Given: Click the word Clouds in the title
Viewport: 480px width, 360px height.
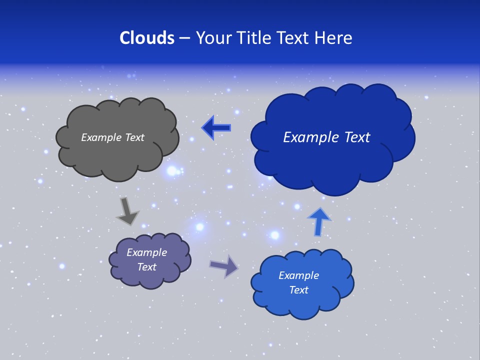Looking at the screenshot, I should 147,38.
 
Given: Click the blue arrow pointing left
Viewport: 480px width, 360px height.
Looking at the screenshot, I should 216,128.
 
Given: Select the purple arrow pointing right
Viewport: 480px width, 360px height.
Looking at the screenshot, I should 223,266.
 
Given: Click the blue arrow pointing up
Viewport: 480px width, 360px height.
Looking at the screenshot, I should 319,222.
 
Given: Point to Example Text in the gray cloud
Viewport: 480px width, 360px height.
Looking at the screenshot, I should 112,137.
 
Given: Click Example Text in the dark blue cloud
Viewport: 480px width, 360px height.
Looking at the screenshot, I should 326,137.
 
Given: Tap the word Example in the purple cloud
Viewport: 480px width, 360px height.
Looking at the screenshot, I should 146,252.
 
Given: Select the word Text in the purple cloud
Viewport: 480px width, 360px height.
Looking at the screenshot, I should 146,267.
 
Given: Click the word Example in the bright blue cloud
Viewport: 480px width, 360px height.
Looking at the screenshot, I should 298,275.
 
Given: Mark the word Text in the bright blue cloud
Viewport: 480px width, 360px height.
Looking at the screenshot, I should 298,290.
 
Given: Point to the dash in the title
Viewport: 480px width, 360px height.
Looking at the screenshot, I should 184,38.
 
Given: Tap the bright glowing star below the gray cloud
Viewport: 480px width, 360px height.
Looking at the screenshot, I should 172,171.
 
